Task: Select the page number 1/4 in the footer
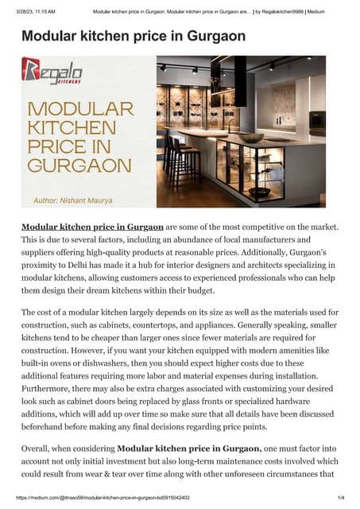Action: click(x=340, y=497)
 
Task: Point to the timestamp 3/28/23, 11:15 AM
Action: click(x=37, y=12)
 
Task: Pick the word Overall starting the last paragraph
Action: click(x=41, y=451)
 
